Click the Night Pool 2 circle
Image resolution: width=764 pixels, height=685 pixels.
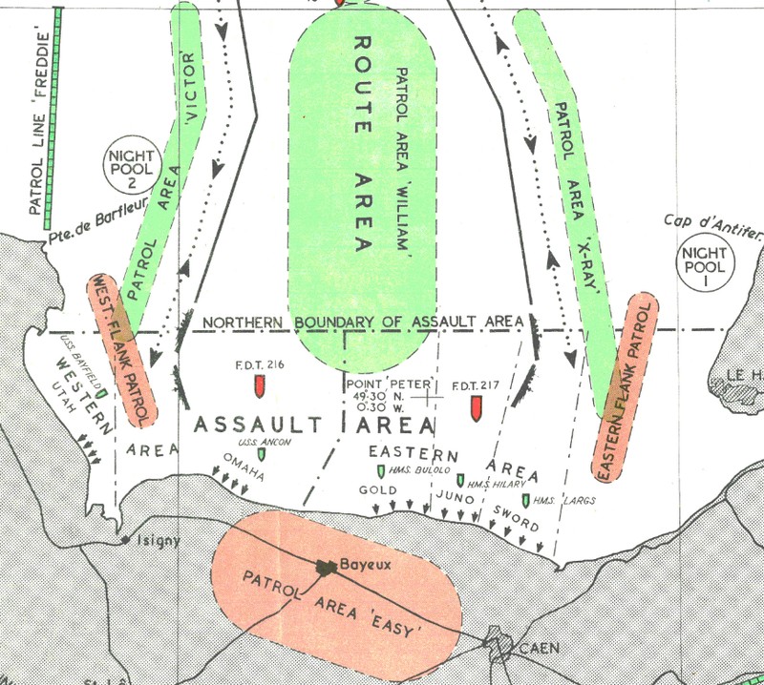[x=127, y=170]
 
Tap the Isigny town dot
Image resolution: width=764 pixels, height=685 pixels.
[x=127, y=541]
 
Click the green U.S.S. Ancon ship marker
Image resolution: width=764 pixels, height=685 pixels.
[x=262, y=455]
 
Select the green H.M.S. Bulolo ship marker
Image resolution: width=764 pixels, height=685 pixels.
[x=381, y=472]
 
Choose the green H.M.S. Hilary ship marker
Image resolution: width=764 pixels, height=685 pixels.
[x=460, y=481]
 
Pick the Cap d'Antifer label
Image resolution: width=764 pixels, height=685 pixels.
[x=712, y=225]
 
